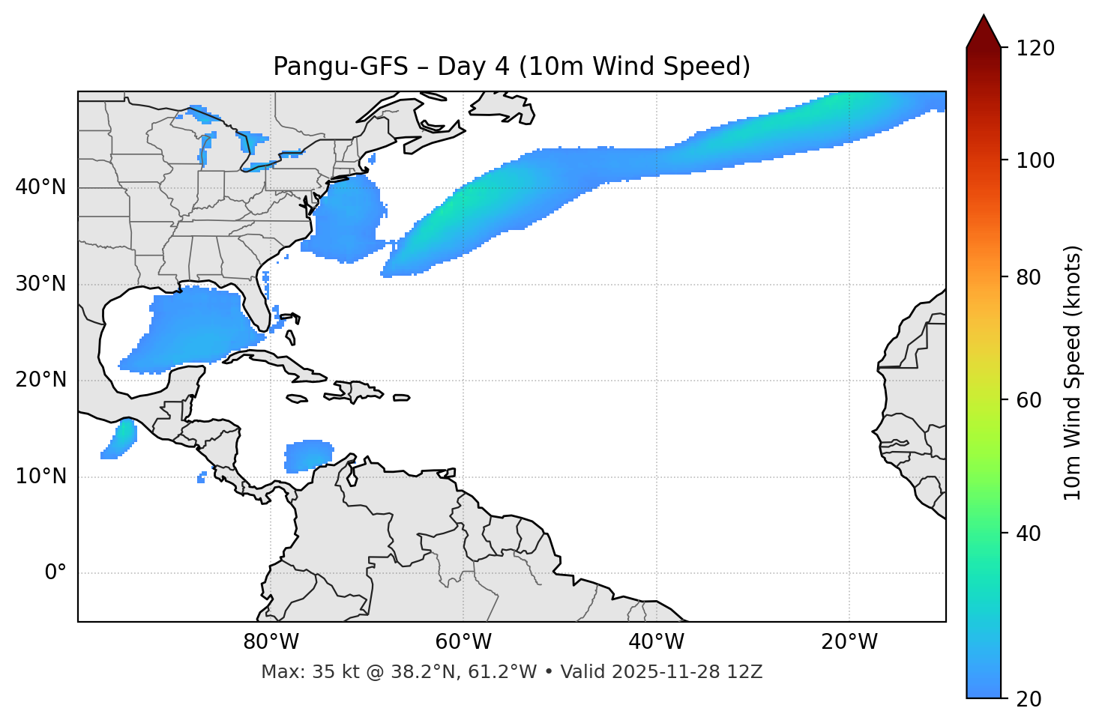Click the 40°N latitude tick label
[x=40, y=187]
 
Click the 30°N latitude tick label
[x=40, y=284]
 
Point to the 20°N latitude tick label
[x=40, y=380]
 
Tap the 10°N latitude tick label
[x=40, y=477]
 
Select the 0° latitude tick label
[x=55, y=572]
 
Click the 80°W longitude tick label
[x=271, y=642]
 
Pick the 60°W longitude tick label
[x=463, y=642]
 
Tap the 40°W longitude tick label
[x=656, y=642]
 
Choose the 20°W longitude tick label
[x=849, y=642]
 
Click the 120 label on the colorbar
[x=1035, y=49]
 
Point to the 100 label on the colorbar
[x=1035, y=160]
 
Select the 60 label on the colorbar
[x=1029, y=400]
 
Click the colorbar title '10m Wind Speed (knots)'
[x=1073, y=373]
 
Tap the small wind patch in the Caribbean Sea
[x=308, y=456]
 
